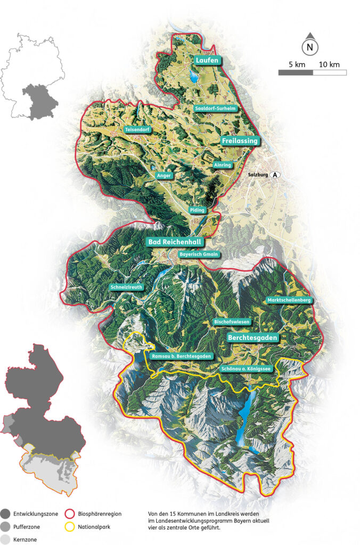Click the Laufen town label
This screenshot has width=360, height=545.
207,61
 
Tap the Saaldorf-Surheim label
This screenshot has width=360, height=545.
215,108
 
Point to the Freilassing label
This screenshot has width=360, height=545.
240,141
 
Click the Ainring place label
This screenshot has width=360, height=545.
223,165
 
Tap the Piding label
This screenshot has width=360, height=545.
197,210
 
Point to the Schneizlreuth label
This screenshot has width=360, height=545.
127,287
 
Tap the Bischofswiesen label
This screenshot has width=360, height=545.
231,322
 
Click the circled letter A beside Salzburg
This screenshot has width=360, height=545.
275,175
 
